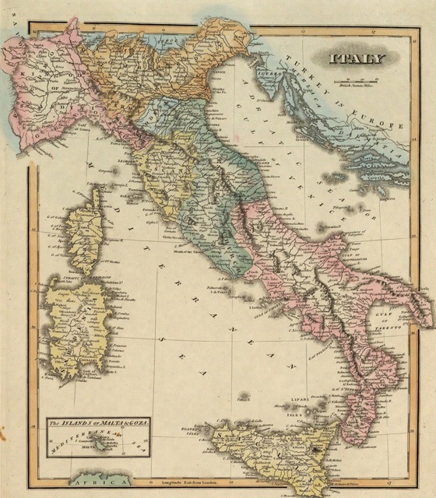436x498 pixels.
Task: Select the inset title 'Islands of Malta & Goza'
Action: coord(98,422)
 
